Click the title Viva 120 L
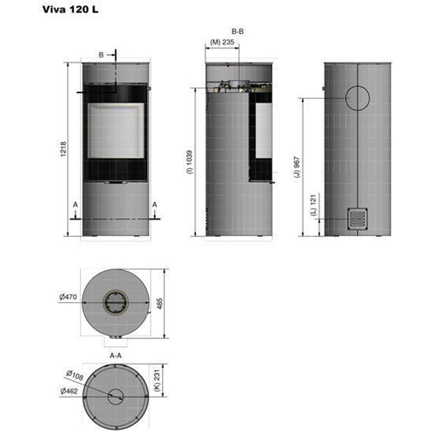(70, 9)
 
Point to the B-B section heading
(237, 31)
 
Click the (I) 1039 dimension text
(189, 162)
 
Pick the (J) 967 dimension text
(297, 168)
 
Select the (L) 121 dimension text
(313, 206)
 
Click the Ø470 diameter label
(69, 297)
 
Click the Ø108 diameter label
(75, 376)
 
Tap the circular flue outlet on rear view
(357, 97)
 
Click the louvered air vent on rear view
(357, 218)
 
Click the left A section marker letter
(75, 205)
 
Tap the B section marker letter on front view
(101, 55)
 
